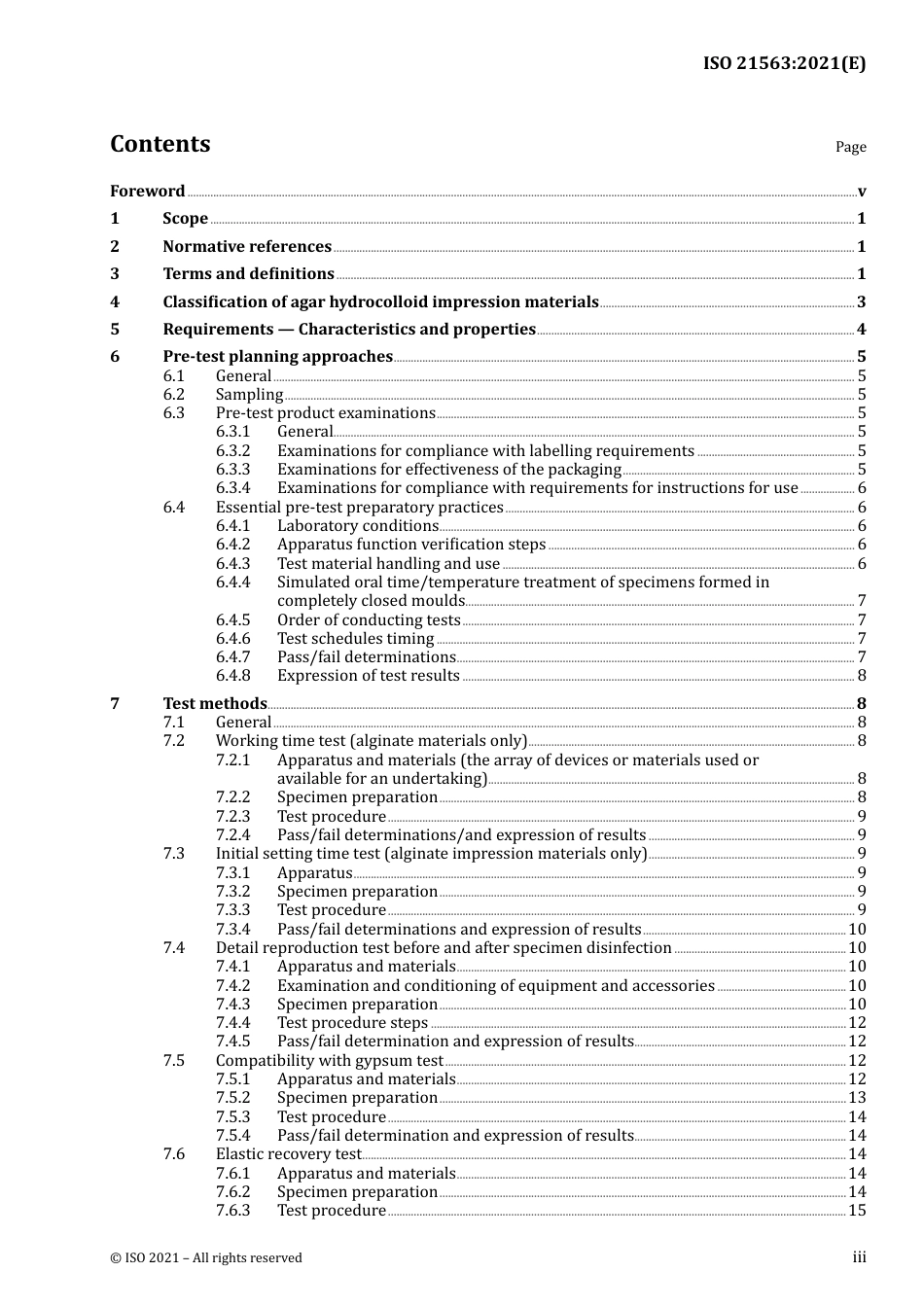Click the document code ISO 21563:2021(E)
(784, 63)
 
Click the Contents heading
(160, 144)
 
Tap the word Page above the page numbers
(850, 147)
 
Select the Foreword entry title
(147, 191)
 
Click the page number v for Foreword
(862, 192)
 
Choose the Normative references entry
(247, 247)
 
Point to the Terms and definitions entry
(248, 274)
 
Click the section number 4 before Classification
(115, 302)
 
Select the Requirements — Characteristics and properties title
(349, 330)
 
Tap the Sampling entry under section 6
(249, 395)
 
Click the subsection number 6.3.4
(232, 488)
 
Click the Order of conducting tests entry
(369, 620)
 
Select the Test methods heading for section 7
(215, 703)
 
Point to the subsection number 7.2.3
(232, 817)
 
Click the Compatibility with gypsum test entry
(329, 1061)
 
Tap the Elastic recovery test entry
(288, 1154)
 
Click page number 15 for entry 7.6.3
(857, 1211)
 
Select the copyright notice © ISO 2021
(206, 1257)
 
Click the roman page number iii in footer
(859, 1257)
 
